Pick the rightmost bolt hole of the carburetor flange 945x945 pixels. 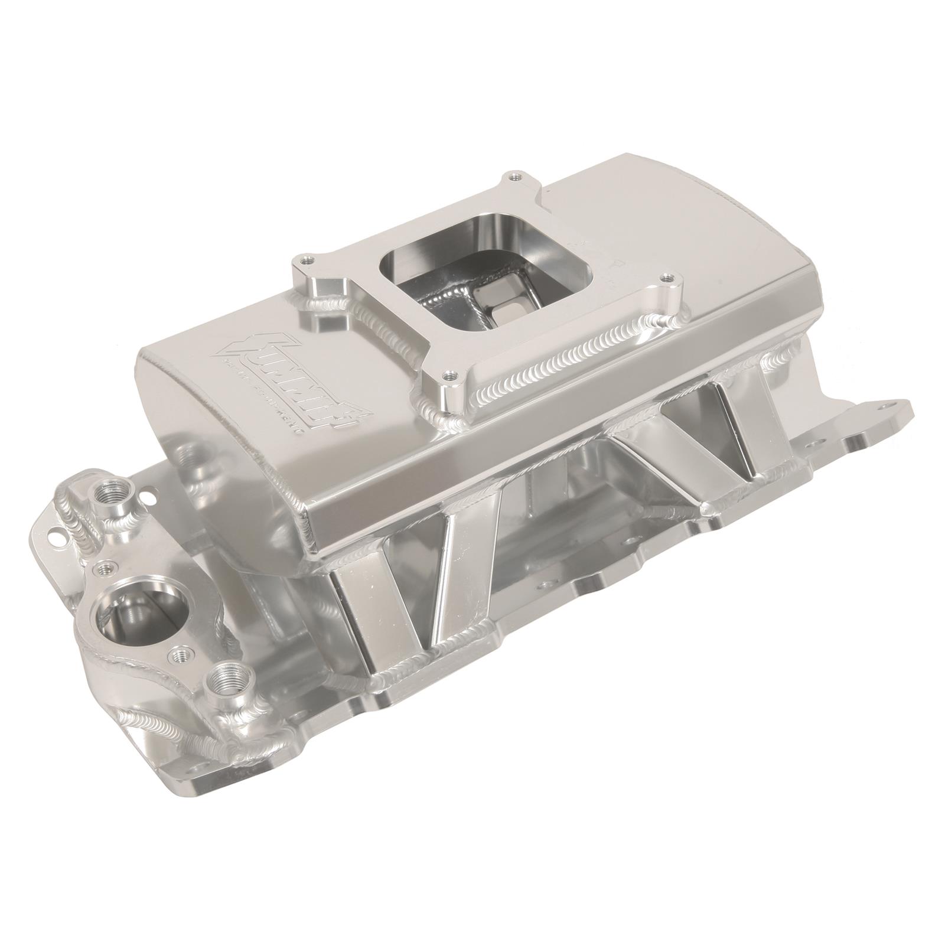[x=667, y=276]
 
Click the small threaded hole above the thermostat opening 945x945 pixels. [x=106, y=569]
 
